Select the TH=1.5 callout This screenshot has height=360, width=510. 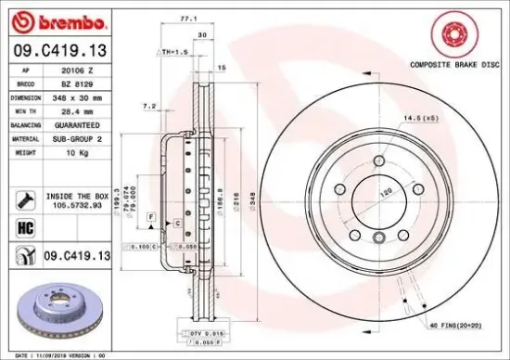[x=175, y=53]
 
